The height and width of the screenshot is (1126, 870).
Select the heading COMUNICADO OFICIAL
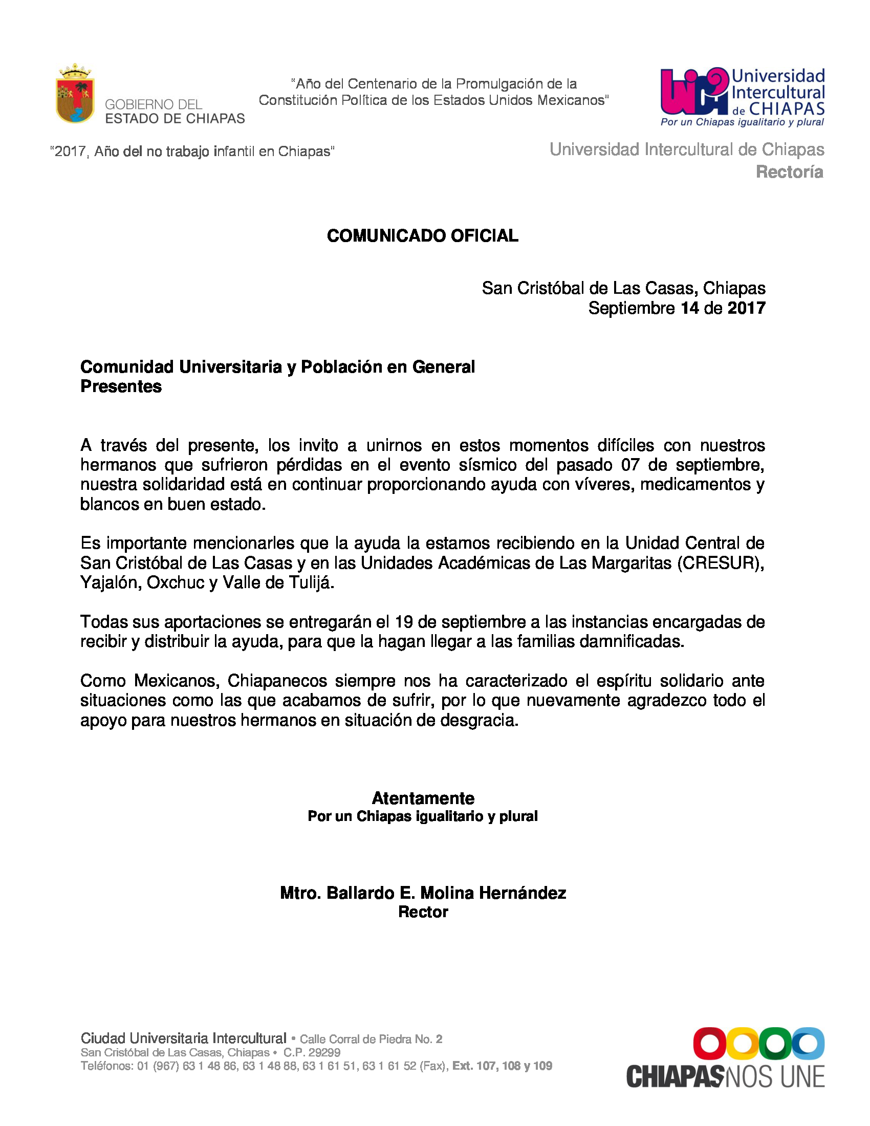423,235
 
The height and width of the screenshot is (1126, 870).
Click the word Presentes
121,386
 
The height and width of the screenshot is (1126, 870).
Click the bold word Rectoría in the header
789,172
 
